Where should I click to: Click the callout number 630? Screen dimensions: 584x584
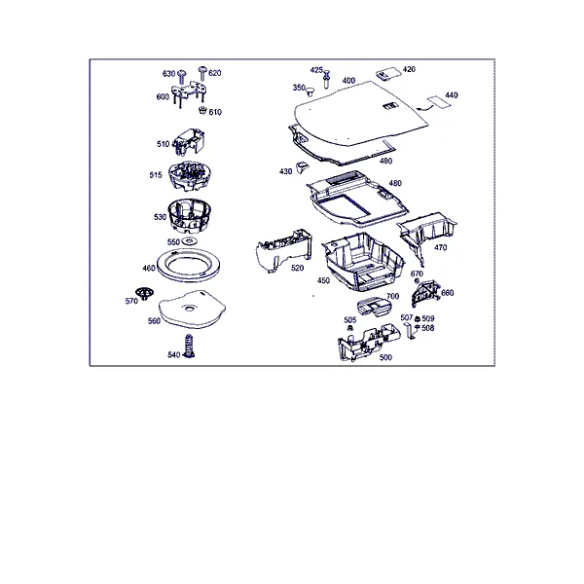pos(168,73)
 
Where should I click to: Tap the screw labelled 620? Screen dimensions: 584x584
pos(202,73)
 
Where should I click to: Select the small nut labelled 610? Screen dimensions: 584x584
pos(202,110)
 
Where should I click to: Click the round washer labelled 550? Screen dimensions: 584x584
pos(189,241)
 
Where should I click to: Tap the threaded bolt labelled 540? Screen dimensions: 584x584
pos(190,346)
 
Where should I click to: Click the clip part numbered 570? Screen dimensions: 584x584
pos(144,294)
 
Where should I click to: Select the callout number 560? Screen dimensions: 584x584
pos(154,320)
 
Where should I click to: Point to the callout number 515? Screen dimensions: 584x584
pos(156,174)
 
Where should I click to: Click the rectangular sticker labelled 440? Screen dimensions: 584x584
pos(438,101)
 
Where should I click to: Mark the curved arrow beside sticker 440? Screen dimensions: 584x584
pos(425,108)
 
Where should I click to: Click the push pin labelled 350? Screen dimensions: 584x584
pos(310,91)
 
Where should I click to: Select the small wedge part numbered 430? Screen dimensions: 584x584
pos(302,166)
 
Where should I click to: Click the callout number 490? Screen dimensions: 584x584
pos(385,161)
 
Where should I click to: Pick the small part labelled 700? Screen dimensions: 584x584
pos(375,307)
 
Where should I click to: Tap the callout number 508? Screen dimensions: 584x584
pos(428,328)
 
